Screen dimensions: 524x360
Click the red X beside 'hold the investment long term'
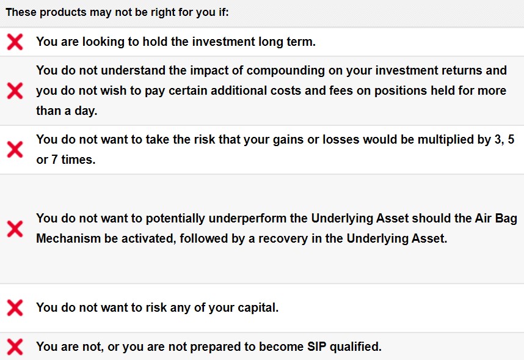tap(15, 42)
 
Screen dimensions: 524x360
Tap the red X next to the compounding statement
tap(15, 90)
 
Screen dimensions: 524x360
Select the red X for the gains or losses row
tap(15, 149)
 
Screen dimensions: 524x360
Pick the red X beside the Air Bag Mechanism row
tap(15, 229)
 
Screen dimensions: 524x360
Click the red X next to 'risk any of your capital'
tap(15, 308)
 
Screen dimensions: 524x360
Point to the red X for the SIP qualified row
tap(15, 347)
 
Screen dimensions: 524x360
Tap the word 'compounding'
tap(286, 71)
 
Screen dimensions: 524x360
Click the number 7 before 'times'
tap(54, 160)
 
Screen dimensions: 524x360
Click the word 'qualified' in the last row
tap(355, 347)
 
